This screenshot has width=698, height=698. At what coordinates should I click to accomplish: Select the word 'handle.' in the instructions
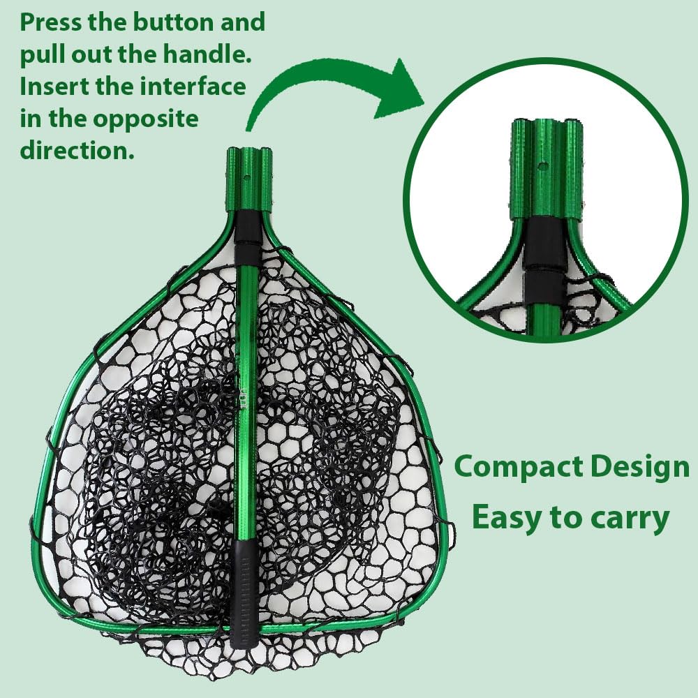click(x=207, y=54)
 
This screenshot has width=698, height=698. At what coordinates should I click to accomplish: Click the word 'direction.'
click(x=77, y=150)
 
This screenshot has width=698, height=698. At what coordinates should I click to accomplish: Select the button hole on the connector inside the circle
click(x=542, y=165)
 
